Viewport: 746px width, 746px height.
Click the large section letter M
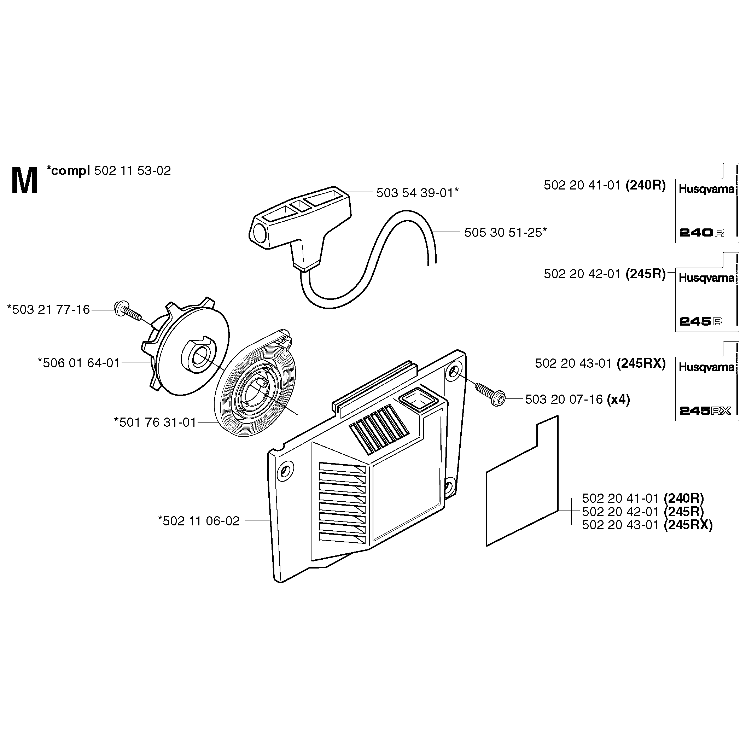pyautogui.click(x=25, y=181)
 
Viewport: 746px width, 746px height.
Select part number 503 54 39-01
pyautogui.click(x=417, y=193)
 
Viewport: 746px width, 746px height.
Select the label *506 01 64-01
pyautogui.click(x=79, y=363)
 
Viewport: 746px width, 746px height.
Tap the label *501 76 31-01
pyautogui.click(x=155, y=422)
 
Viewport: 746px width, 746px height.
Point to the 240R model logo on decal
pyautogui.click(x=701, y=233)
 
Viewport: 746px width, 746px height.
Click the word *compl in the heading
pyautogui.click(x=68, y=171)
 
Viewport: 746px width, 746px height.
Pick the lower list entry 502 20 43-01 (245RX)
pyautogui.click(x=647, y=525)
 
